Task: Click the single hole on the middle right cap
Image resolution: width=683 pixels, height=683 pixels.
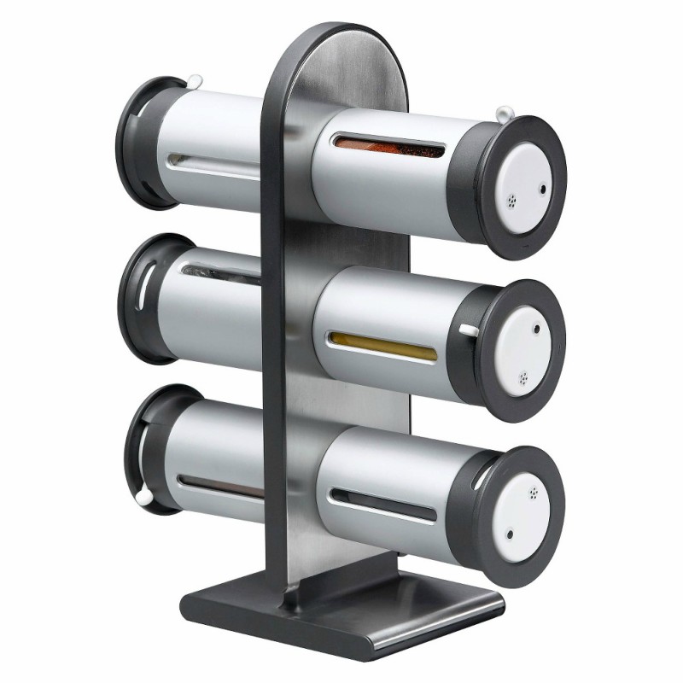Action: (536, 328)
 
